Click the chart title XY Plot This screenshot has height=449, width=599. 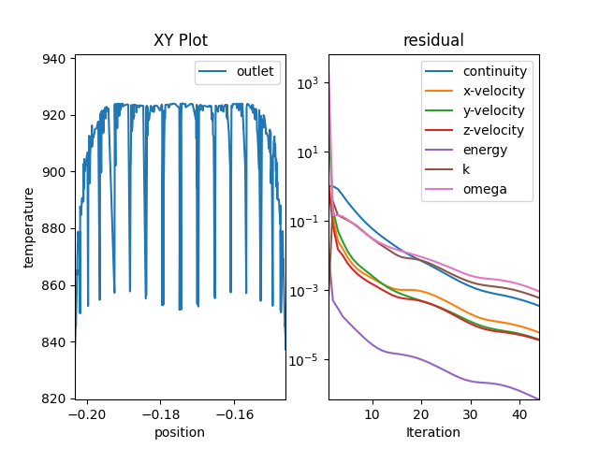181,41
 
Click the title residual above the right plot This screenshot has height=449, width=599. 433,41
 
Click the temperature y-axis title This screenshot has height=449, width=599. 29,227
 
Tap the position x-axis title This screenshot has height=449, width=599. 181,432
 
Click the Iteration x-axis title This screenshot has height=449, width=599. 433,432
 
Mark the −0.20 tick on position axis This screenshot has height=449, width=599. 87,413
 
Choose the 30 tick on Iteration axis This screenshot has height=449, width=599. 470,413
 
